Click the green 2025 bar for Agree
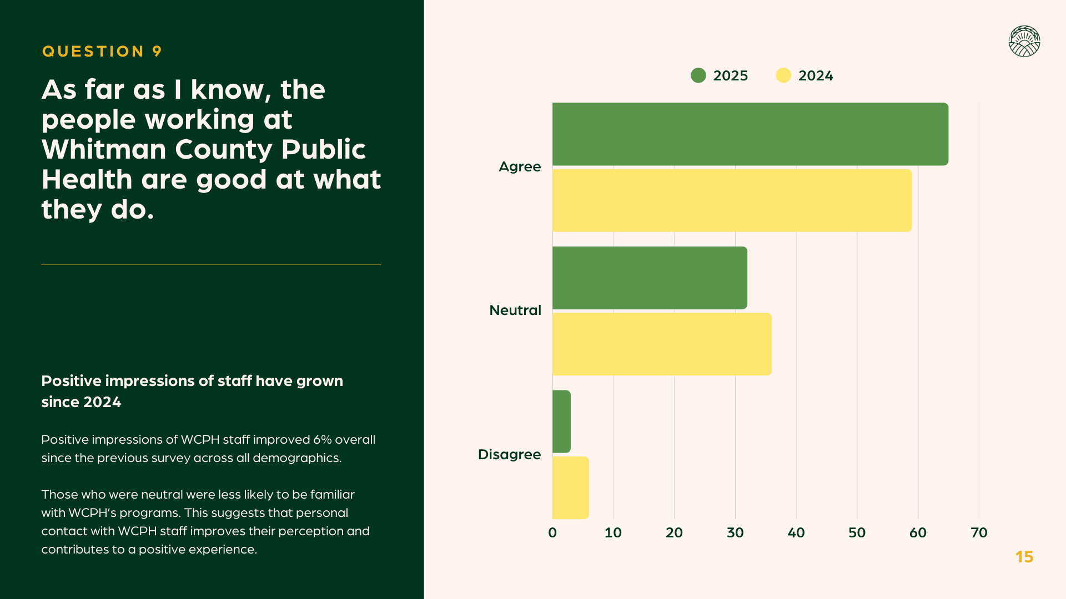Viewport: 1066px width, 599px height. (x=750, y=134)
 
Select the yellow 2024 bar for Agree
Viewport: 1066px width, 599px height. (x=732, y=200)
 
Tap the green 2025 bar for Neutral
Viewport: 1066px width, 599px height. (x=650, y=278)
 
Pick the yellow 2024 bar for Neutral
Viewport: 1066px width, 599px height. (x=662, y=344)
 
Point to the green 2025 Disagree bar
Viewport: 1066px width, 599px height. (x=561, y=422)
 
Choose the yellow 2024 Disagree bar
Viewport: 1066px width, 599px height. (x=570, y=488)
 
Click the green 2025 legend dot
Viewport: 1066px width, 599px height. (x=698, y=75)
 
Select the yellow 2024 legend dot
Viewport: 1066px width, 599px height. (x=783, y=75)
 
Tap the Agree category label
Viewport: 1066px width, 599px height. (x=519, y=167)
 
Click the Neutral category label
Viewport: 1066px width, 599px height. (x=515, y=311)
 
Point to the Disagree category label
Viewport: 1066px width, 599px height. (x=509, y=455)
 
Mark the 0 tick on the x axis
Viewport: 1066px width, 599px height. (x=552, y=533)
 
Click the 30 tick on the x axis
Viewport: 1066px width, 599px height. (x=735, y=533)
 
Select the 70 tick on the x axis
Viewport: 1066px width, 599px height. (x=979, y=533)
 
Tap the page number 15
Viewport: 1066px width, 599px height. (x=1024, y=557)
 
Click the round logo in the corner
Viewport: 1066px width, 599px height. (x=1024, y=42)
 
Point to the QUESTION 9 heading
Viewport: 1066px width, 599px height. (x=102, y=52)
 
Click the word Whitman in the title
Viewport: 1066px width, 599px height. (x=104, y=150)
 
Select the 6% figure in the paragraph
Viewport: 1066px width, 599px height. (x=322, y=440)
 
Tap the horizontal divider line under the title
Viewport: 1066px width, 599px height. (x=211, y=265)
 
